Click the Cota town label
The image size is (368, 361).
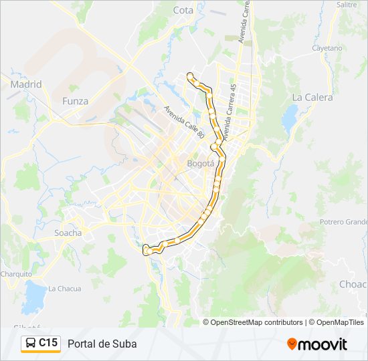tap(183, 10)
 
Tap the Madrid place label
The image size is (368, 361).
tap(26, 84)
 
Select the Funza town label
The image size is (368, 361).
tap(75, 101)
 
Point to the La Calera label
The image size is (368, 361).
tap(312, 97)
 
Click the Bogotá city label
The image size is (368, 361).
tap(201, 163)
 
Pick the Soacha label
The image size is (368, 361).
tap(68, 233)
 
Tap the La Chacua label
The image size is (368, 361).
tap(64, 289)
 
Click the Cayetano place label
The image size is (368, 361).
tap(327, 48)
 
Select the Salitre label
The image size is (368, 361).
tap(347, 4)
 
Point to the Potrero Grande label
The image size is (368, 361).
tap(343, 222)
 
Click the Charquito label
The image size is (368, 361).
tap(15, 274)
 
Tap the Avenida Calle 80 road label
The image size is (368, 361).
tap(184, 122)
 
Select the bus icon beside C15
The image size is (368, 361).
tap(31, 344)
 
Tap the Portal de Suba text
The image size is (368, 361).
tap(102, 344)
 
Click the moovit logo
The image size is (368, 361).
tap(317, 344)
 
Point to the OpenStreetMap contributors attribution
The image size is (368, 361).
tap(256, 322)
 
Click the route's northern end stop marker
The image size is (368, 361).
tap(191, 75)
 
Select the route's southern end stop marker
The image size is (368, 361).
tap(147, 251)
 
